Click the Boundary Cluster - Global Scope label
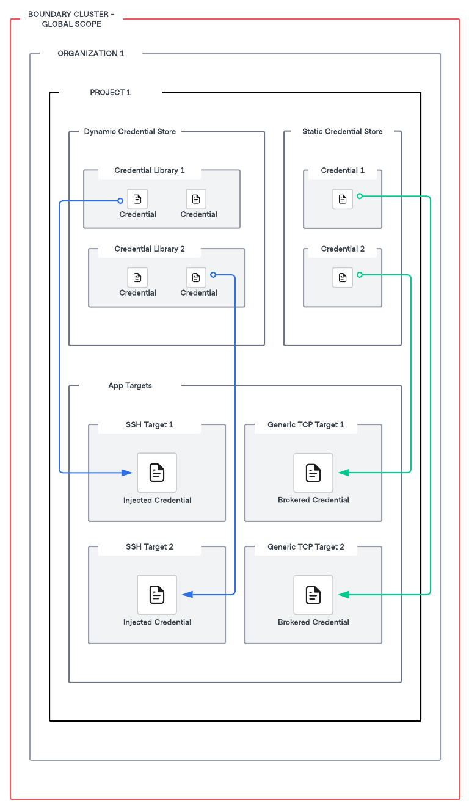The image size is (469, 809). click(71, 19)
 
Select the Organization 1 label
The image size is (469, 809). click(91, 53)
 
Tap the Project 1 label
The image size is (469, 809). click(111, 92)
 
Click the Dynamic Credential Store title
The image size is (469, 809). click(130, 131)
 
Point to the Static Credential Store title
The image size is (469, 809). click(343, 131)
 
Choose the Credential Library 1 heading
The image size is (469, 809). click(150, 170)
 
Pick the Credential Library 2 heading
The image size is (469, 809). click(150, 249)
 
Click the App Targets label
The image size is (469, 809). click(130, 385)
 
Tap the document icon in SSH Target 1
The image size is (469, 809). click(157, 473)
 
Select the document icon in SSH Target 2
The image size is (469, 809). click(157, 595)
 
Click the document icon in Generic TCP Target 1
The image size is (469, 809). click(313, 473)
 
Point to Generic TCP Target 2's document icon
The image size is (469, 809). click(313, 595)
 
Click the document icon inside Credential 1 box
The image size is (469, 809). click(343, 199)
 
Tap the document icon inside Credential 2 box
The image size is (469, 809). click(343, 277)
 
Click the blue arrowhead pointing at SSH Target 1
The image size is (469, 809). click(127, 473)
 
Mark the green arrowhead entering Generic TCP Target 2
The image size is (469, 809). click(344, 595)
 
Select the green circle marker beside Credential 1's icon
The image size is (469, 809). click(360, 196)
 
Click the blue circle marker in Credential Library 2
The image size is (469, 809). click(213, 275)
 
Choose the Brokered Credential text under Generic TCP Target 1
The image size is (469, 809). click(313, 500)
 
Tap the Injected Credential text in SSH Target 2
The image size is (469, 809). click(157, 622)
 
